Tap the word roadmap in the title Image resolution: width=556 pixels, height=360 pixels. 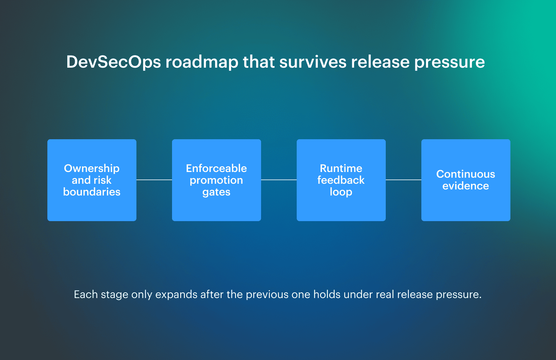(x=202, y=62)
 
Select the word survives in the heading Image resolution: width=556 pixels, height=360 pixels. (x=313, y=62)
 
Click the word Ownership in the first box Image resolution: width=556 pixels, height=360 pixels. (x=92, y=168)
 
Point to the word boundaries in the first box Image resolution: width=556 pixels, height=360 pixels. (x=92, y=192)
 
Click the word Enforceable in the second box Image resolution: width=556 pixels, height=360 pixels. (x=216, y=168)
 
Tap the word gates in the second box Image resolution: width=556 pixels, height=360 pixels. (x=216, y=192)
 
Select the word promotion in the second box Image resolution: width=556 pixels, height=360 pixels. (x=216, y=180)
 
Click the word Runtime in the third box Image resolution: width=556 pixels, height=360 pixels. (x=341, y=168)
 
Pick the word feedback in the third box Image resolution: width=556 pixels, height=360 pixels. (x=341, y=180)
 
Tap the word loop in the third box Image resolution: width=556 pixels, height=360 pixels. (x=341, y=192)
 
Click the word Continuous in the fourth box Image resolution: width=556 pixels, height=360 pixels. (x=466, y=174)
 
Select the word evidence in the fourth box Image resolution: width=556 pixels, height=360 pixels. (x=466, y=186)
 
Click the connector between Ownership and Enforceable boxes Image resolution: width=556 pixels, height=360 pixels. (x=154, y=180)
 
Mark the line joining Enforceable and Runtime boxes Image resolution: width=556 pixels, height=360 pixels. (x=279, y=180)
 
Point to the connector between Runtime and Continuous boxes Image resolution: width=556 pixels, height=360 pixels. (x=403, y=180)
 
